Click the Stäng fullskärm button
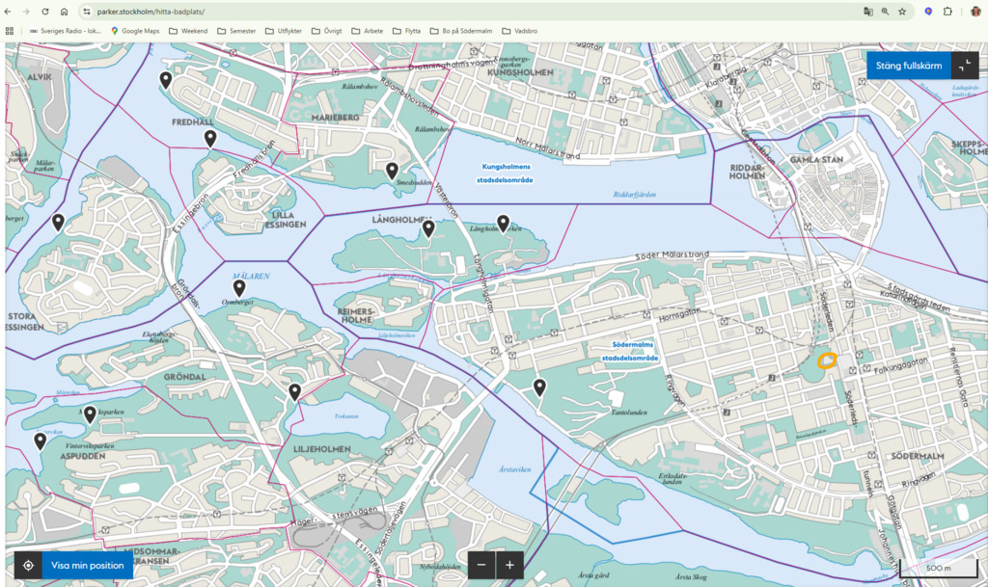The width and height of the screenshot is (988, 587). [909, 66]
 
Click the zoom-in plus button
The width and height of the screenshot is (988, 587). [509, 565]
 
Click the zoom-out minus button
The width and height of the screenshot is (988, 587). [481, 565]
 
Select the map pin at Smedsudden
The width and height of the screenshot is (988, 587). [393, 171]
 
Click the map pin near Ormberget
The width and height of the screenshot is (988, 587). [239, 287]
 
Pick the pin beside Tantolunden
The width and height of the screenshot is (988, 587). [540, 387]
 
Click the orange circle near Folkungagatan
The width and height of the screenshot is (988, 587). [826, 361]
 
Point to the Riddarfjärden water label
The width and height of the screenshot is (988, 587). [634, 194]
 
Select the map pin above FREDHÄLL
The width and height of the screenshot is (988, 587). [166, 79]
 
